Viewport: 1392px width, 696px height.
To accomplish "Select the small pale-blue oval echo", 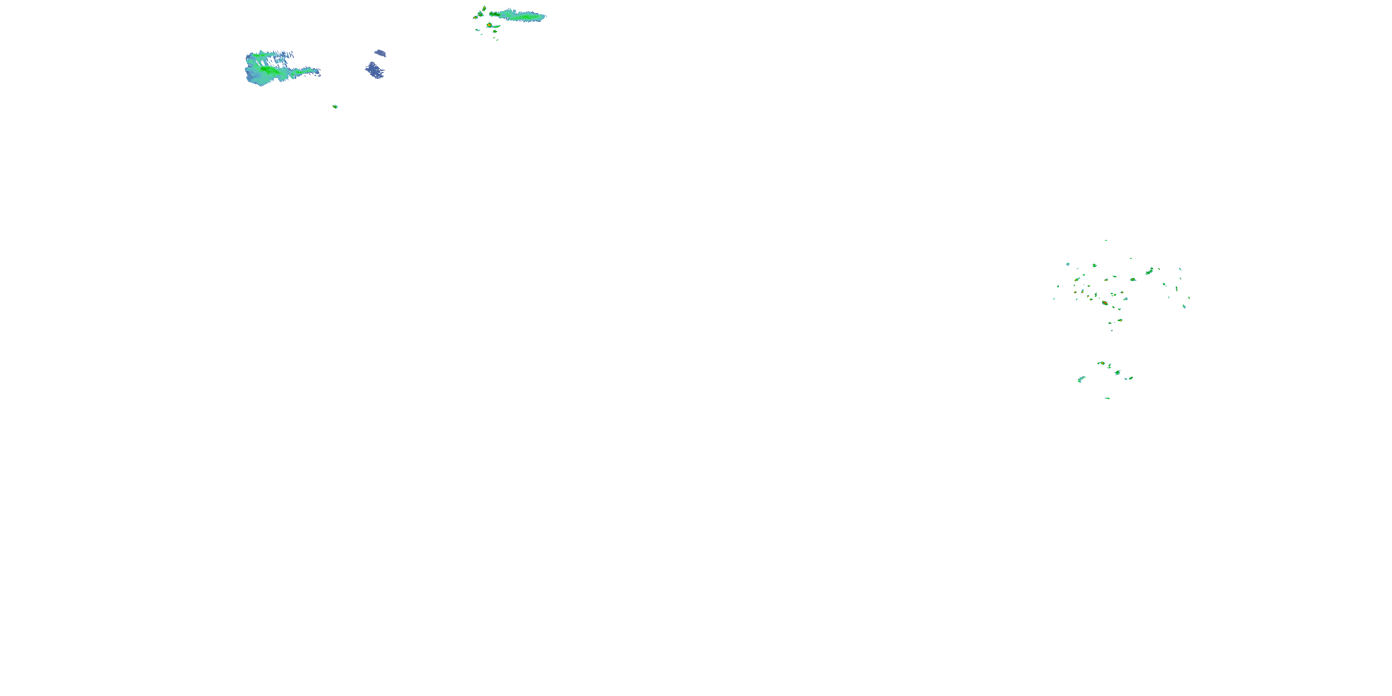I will click(x=380, y=53).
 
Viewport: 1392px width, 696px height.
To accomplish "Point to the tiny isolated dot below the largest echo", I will click(x=335, y=106).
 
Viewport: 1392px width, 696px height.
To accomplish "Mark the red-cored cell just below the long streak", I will click(x=489, y=25).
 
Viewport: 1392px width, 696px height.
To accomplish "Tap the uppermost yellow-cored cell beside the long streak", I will click(x=483, y=9).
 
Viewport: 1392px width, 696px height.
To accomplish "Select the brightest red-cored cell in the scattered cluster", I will click(x=1105, y=303).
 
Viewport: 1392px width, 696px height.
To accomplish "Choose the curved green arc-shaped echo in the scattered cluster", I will click(x=1149, y=271).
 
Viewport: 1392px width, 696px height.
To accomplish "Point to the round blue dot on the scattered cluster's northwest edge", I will click(x=1068, y=264).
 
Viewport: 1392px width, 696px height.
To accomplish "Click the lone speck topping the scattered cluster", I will click(x=1106, y=240).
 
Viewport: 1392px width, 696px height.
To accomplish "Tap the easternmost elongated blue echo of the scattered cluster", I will click(x=1184, y=306).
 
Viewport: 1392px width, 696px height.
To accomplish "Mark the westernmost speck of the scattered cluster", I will click(x=1054, y=299).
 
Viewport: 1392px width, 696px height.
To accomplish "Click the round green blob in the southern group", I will click(x=1117, y=373).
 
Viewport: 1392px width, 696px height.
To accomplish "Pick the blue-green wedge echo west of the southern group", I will click(x=1081, y=380).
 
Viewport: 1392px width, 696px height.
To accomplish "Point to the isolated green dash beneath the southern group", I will click(x=1107, y=398).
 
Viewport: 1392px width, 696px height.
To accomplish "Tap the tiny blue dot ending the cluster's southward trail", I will click(x=1112, y=330).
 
